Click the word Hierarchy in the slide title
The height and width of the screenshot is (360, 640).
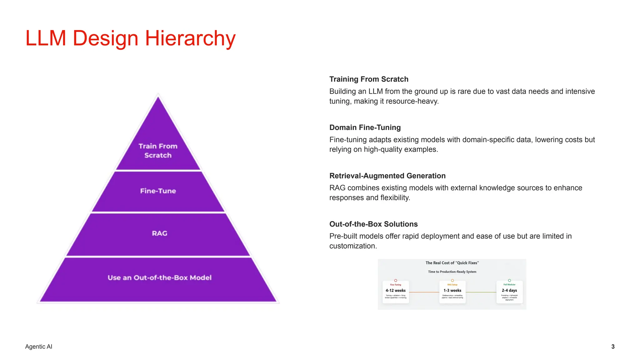point(190,38)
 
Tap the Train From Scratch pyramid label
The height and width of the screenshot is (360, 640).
point(158,151)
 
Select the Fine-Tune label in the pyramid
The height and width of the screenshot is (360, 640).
point(158,191)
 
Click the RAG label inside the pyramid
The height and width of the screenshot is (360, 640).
point(159,233)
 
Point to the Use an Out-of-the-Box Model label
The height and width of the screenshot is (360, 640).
point(159,277)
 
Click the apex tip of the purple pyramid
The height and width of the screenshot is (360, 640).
point(158,97)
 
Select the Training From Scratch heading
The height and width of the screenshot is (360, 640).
point(369,79)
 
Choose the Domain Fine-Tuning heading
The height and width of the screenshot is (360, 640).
point(365,127)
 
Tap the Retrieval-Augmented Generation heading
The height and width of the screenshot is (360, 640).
point(387,176)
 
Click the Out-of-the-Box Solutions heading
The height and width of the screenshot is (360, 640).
point(373,224)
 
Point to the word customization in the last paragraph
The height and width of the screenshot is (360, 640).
point(352,246)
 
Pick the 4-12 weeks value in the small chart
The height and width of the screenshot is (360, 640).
point(395,290)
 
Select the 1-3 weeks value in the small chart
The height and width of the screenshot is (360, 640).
point(452,290)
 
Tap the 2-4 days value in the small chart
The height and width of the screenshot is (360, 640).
point(509,290)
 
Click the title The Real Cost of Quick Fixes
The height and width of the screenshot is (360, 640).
point(452,263)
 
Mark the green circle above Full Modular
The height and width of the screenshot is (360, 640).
point(509,280)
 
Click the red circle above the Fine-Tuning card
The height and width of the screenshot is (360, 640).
point(396,280)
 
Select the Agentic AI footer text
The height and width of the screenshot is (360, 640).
point(39,347)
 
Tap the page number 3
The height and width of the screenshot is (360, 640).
point(613,347)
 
